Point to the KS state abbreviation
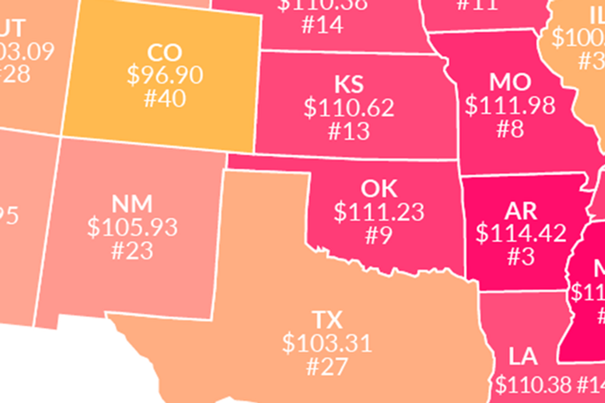[349, 85]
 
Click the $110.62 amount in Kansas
[349, 107]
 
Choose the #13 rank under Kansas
[349, 130]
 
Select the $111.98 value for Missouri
[510, 105]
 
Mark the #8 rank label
[510, 129]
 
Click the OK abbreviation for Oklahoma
[379, 189]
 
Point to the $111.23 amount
[379, 212]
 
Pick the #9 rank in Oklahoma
[379, 235]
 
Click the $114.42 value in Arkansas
[521, 233]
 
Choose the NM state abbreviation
[132, 204]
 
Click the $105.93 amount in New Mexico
[132, 227]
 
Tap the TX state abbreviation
[327, 320]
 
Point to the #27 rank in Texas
[327, 366]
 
